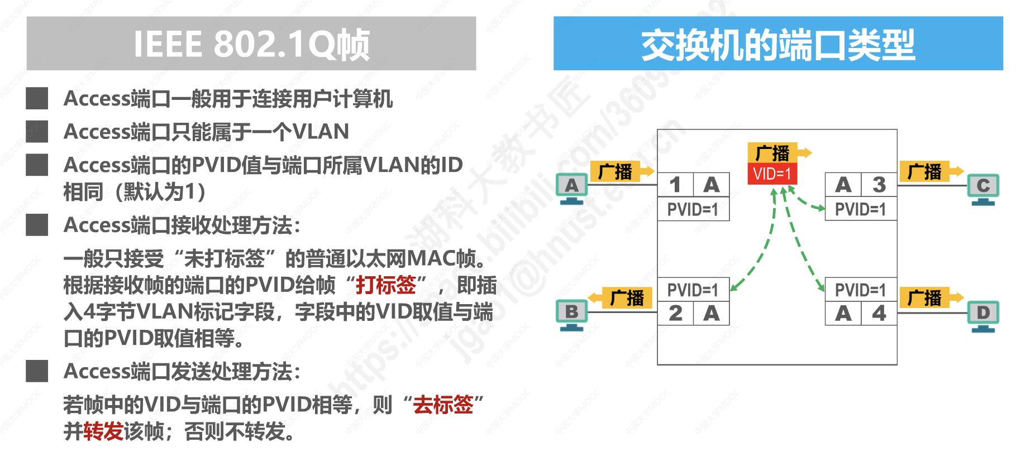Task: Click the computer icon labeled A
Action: coord(571,187)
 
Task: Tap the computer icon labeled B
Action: coord(571,314)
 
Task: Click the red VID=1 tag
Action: coord(772,174)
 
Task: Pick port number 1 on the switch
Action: coord(675,185)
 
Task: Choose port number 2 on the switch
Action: coord(675,313)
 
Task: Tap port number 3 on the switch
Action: coord(879,185)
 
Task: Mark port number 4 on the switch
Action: coord(879,313)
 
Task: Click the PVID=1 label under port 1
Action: coord(693,210)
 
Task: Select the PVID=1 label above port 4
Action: coord(860,290)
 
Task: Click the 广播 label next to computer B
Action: coord(627,298)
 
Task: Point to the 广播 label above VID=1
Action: coord(772,153)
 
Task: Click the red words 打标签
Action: coord(386,285)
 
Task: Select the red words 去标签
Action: coord(443,405)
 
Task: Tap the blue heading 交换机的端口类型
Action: coord(777,44)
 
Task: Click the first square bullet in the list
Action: coord(37,98)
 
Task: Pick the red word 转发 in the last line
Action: coord(103,431)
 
